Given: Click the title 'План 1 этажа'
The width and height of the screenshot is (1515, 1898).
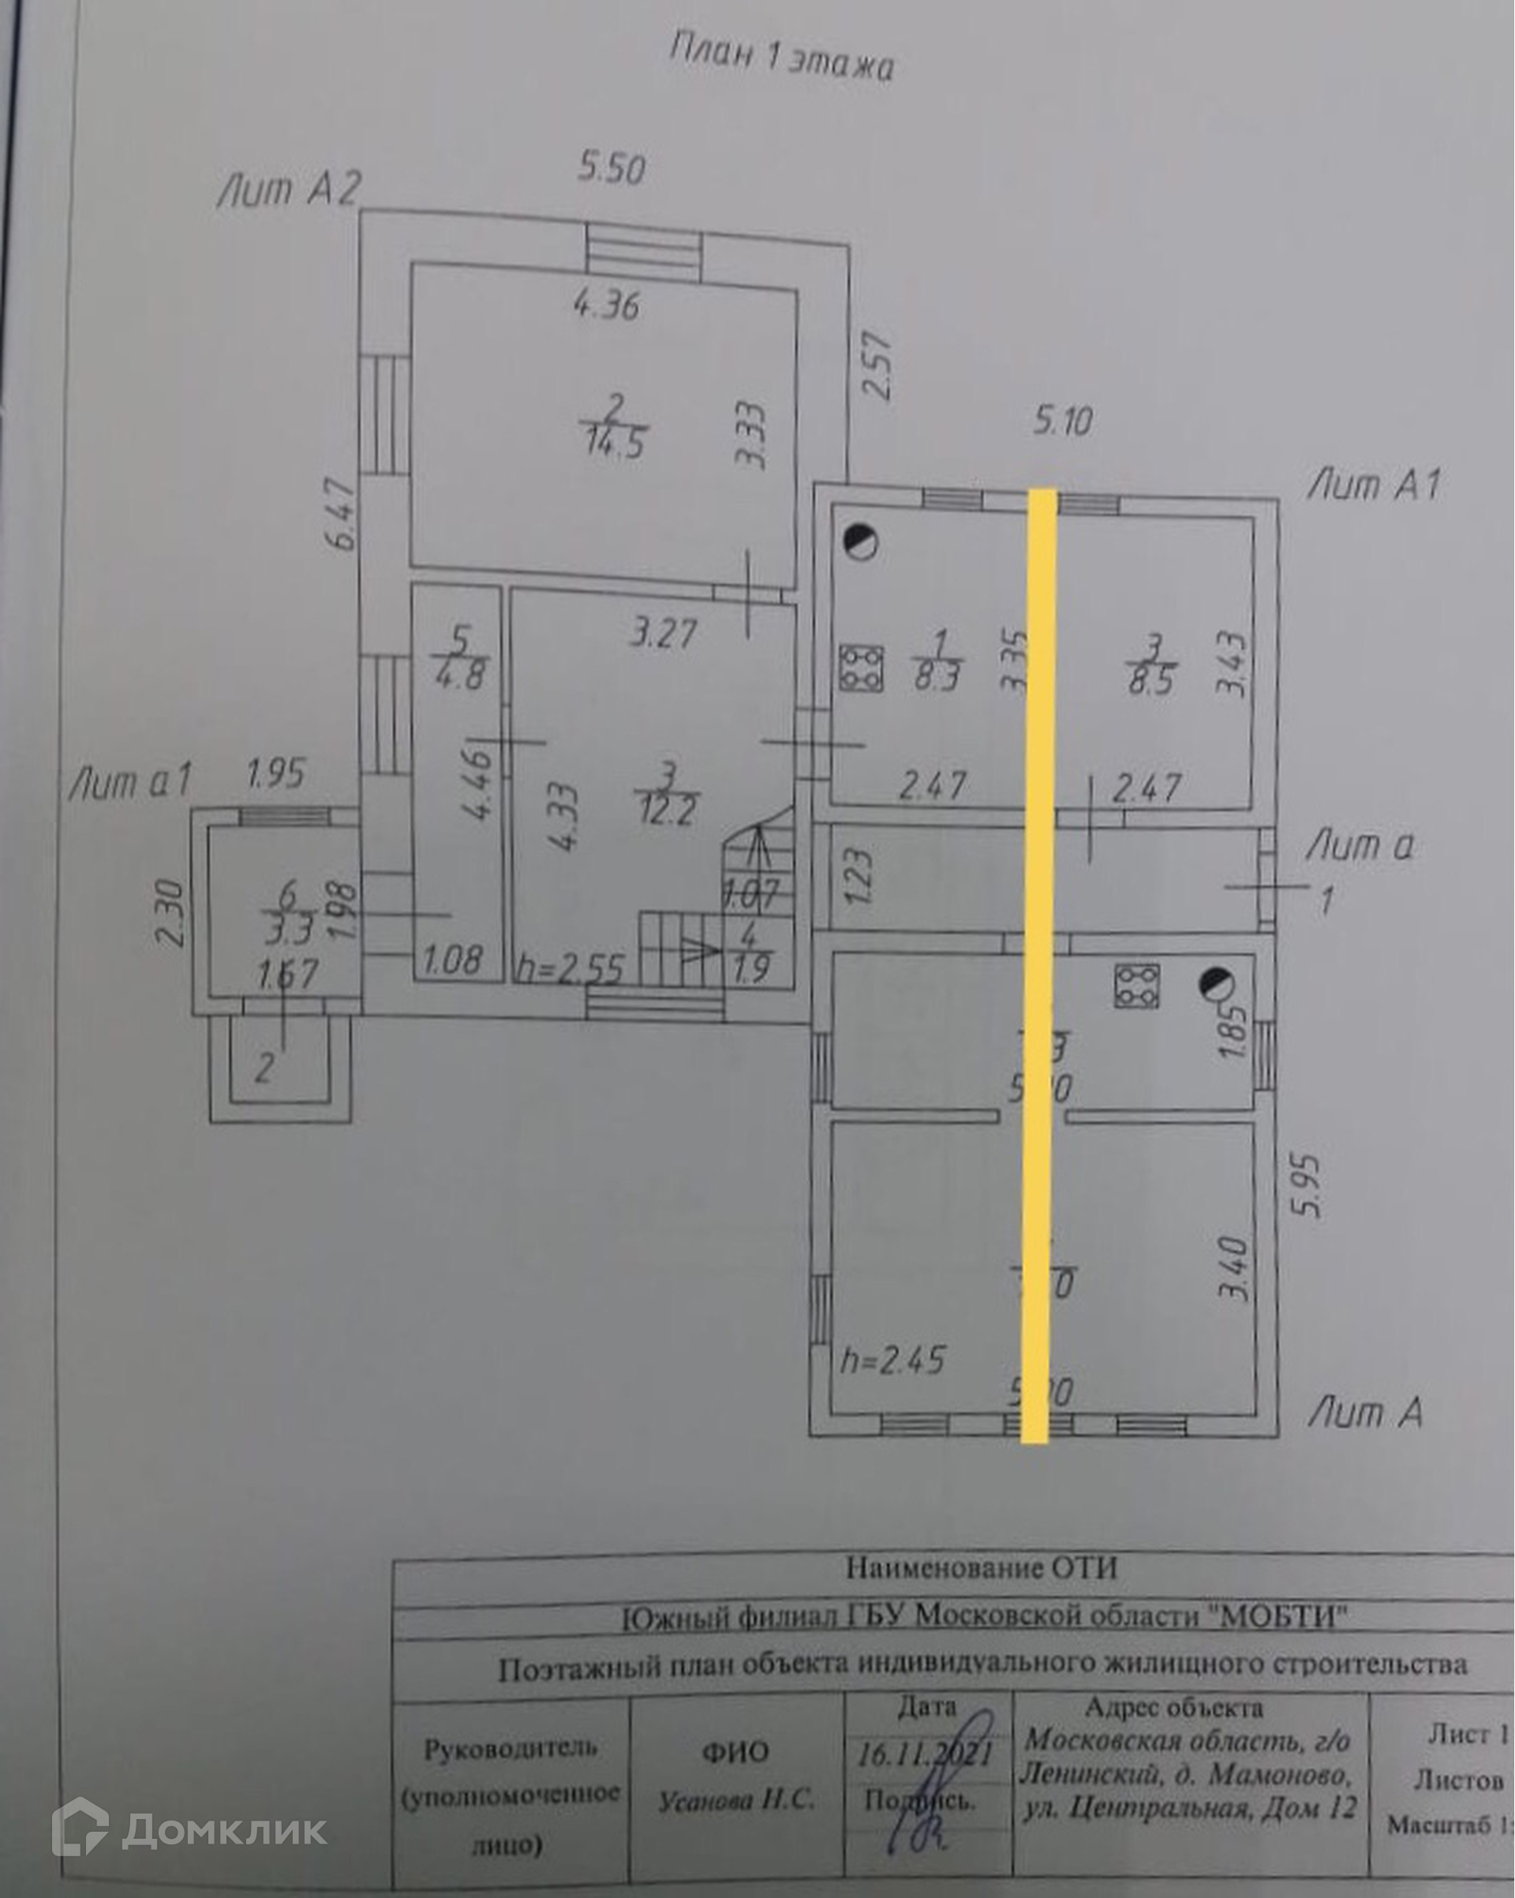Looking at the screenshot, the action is click(781, 58).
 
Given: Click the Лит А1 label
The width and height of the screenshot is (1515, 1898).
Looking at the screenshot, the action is click(1374, 485).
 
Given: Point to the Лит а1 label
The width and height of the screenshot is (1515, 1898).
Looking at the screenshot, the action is click(129, 782).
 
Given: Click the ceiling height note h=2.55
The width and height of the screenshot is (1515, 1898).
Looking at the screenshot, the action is click(570, 969).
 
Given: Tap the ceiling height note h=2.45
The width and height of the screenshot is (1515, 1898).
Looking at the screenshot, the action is click(892, 1360).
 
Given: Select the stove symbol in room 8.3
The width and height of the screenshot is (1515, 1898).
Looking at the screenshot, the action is click(860, 668).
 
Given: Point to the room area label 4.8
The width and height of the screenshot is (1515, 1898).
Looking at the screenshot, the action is click(460, 676).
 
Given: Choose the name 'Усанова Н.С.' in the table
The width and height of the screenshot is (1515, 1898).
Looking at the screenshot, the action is click(737, 1800).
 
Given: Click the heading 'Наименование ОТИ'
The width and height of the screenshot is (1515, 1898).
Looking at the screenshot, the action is click(981, 1567).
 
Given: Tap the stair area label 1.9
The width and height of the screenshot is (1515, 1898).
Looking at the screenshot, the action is click(750, 968).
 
